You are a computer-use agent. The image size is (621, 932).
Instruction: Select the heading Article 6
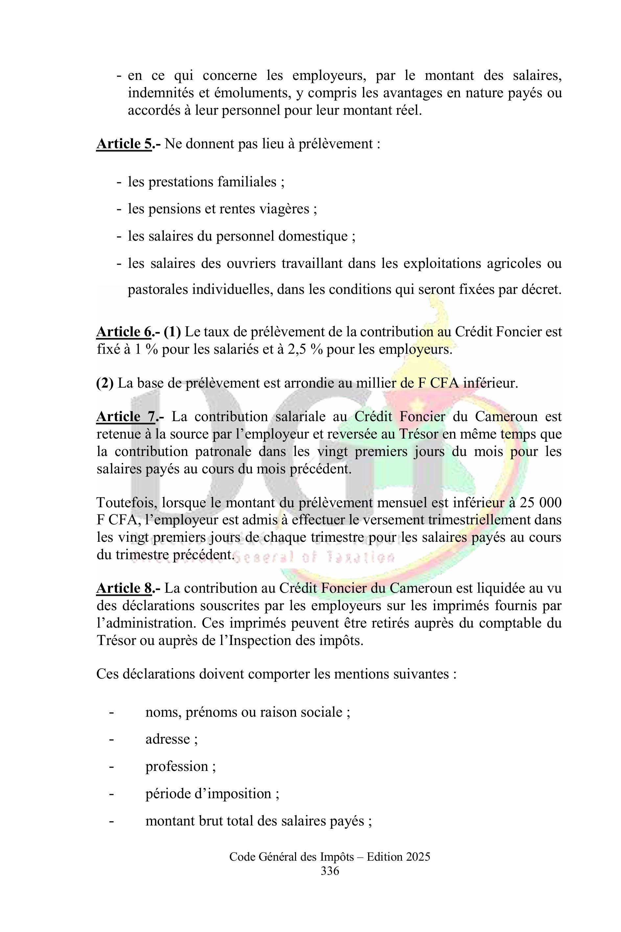[x=124, y=332]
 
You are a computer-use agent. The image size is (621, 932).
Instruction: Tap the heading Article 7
[x=126, y=417]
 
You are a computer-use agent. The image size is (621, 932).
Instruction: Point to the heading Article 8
[x=124, y=588]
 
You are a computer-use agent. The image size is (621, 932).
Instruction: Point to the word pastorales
[x=157, y=290]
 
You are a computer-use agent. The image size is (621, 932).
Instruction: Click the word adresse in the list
[x=168, y=739]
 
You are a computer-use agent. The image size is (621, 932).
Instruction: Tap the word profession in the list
[x=177, y=766]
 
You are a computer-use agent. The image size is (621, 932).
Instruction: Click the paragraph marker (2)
[x=105, y=383]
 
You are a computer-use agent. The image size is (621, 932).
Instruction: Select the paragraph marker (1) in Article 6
[x=172, y=332]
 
